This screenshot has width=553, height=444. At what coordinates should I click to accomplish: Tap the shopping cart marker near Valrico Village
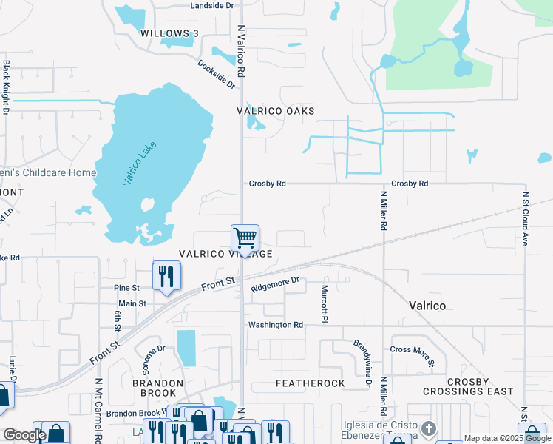245,238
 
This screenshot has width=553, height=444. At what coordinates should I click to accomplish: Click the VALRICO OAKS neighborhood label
275,111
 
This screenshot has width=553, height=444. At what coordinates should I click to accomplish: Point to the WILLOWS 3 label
170,33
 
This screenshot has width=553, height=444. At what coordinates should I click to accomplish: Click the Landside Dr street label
211,5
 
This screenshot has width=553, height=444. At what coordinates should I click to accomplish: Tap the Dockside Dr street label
216,74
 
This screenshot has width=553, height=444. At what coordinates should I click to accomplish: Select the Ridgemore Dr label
274,285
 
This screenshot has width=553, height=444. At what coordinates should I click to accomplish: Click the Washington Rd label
276,325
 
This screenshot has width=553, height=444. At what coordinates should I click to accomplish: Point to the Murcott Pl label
324,303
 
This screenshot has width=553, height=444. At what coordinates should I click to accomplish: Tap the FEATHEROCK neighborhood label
311,383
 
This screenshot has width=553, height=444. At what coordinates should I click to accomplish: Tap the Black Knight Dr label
6,87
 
